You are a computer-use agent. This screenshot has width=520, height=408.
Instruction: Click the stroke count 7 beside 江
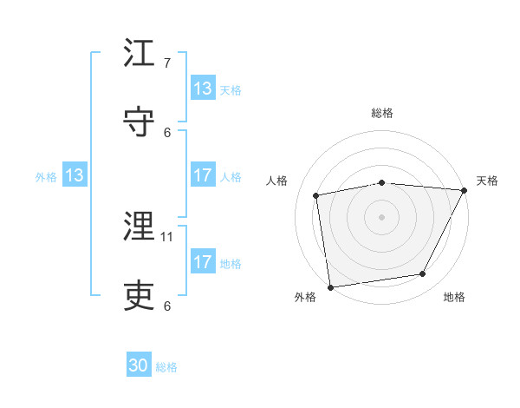click(x=167, y=63)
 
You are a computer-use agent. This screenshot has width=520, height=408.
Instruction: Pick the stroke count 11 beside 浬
click(x=167, y=236)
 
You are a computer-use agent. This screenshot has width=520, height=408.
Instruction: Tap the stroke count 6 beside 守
click(x=167, y=132)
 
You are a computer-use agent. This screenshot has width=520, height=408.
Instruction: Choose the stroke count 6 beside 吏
click(x=167, y=306)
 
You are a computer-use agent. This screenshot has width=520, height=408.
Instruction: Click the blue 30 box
click(x=139, y=366)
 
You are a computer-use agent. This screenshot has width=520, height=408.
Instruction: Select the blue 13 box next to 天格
click(x=203, y=89)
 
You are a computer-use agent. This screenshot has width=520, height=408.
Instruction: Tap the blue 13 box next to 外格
click(x=74, y=176)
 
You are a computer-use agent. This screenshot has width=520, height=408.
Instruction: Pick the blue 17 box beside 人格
click(x=203, y=176)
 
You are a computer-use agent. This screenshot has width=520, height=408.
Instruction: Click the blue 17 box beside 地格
click(x=203, y=263)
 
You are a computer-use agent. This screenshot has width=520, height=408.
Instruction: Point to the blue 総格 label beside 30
click(x=166, y=367)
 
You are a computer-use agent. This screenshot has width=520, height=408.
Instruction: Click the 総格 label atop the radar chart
click(x=381, y=113)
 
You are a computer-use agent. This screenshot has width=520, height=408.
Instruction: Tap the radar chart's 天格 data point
click(x=465, y=191)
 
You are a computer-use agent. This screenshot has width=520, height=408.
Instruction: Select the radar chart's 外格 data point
click(x=330, y=286)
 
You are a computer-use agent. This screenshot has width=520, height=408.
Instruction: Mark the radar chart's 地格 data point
click(x=423, y=274)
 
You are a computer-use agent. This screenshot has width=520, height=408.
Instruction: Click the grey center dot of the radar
click(x=381, y=216)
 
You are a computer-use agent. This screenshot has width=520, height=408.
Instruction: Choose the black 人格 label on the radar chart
click(x=277, y=181)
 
